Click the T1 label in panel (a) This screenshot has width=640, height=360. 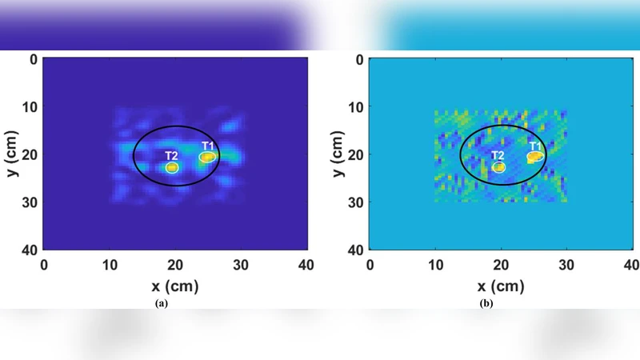(x=208, y=146)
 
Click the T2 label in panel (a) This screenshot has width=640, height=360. (x=171, y=155)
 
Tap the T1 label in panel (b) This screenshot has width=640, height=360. (x=535, y=146)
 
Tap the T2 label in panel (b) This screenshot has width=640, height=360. (x=498, y=155)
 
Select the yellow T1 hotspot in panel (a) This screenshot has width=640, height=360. (x=207, y=157)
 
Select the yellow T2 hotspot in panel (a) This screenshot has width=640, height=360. (x=172, y=167)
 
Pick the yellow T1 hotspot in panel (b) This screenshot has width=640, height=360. (x=534, y=158)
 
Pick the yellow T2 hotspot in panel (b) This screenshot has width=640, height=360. (x=499, y=167)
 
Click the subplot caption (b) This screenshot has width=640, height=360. (x=487, y=303)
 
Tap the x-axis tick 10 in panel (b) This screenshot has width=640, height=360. (x=436, y=265)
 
